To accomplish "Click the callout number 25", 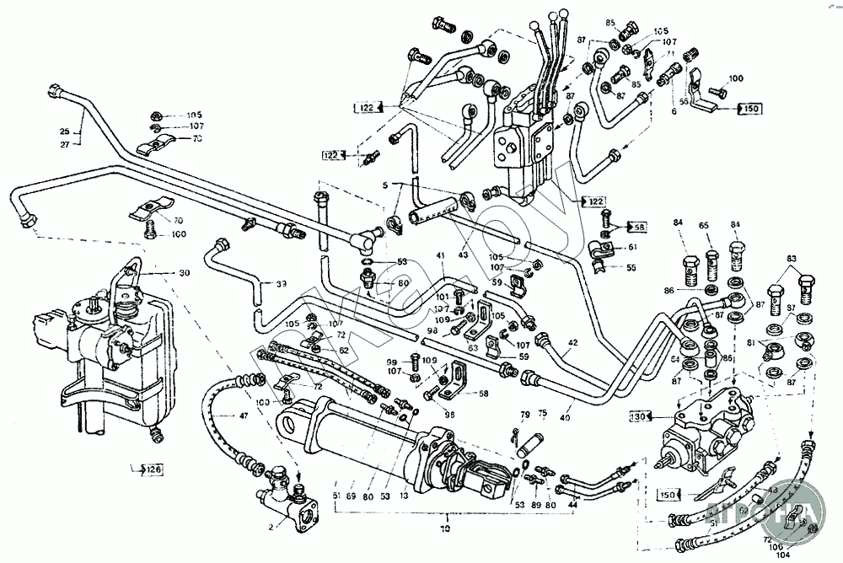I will (x=64, y=131).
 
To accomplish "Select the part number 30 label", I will (x=185, y=273).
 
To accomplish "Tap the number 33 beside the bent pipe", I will (x=281, y=283).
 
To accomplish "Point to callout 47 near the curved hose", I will (x=243, y=416).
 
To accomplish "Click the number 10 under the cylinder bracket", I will (x=445, y=528).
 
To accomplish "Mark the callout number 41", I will (x=440, y=256).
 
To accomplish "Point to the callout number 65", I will (x=704, y=225).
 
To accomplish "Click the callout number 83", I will (x=791, y=258).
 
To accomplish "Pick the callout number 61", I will (x=633, y=247).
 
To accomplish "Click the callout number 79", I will (x=524, y=414).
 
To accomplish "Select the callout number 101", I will (x=443, y=296).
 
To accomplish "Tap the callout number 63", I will (x=474, y=346).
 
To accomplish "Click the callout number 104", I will (x=784, y=556).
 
